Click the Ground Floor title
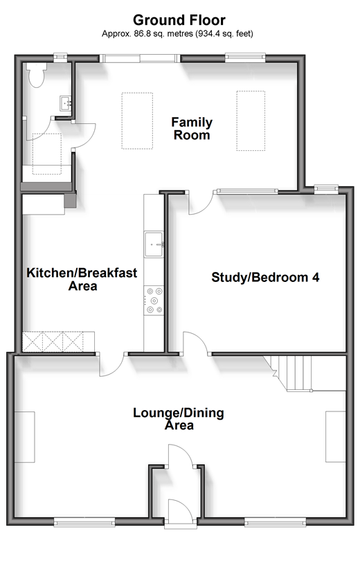[x=179, y=20]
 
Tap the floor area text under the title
[x=177, y=34]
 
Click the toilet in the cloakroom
[x=37, y=75]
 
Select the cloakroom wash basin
[x=66, y=103]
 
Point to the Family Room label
[x=192, y=128]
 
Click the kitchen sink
[x=154, y=244]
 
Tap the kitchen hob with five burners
[x=154, y=301]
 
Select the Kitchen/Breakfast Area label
[x=82, y=279]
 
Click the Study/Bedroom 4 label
[x=265, y=277]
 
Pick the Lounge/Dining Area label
[x=179, y=418]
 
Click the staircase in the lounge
[x=305, y=373]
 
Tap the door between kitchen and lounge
[x=111, y=365]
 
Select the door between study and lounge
[x=195, y=344]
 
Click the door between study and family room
[x=201, y=203]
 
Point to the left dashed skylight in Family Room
[x=137, y=121]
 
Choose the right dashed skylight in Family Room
[x=251, y=121]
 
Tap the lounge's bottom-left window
[x=84, y=522]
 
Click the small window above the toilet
[x=60, y=57]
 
